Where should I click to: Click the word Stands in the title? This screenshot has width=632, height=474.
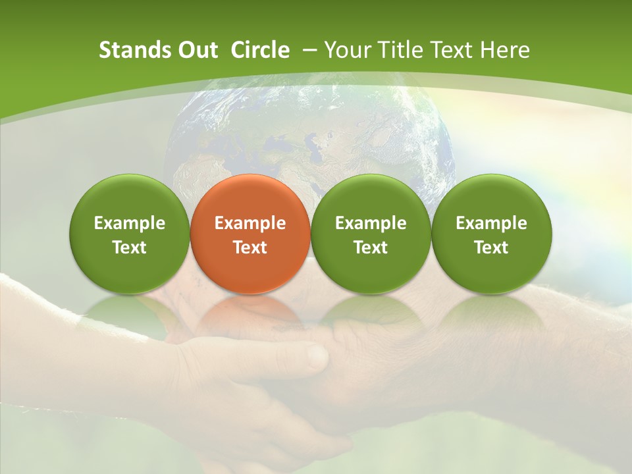point(128,50)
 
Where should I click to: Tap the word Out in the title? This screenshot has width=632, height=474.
point(196,50)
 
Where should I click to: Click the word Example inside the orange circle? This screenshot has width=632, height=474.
point(250,223)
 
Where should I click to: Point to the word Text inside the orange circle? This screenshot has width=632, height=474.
point(250,248)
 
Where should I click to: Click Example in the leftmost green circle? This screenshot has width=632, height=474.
point(129,223)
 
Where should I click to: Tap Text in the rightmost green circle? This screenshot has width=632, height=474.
point(491,248)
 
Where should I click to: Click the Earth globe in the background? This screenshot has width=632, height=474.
point(309,132)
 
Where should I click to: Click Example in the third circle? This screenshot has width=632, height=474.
point(371,223)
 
